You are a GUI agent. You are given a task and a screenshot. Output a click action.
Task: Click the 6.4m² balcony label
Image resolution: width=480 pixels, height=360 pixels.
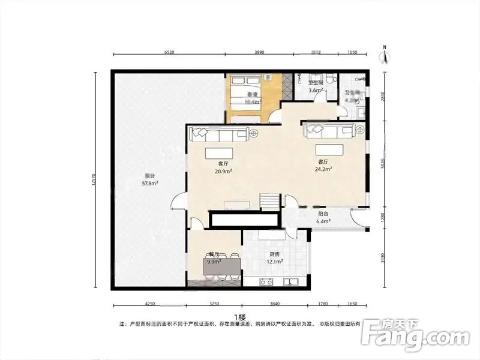(x=323, y=218)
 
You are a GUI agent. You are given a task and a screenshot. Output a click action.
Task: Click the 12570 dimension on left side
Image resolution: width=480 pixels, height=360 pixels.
(x=94, y=180)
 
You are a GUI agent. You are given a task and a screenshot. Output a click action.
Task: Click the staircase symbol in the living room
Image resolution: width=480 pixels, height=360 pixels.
(x=269, y=202)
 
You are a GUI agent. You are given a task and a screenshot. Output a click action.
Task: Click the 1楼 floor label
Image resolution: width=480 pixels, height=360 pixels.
(x=240, y=316)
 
